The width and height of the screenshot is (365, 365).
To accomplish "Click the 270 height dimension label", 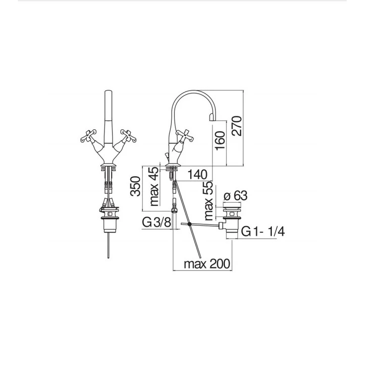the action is click(237, 126).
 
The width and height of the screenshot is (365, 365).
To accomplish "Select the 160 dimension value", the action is click(220, 141).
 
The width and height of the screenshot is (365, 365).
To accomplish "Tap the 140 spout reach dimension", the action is click(197, 174).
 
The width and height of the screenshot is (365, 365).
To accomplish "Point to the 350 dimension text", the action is click(135, 186).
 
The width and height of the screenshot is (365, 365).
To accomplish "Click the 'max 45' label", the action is click(154, 187).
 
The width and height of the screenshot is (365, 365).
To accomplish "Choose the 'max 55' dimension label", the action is click(209, 201).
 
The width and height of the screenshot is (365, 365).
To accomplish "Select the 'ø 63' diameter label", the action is click(235, 196).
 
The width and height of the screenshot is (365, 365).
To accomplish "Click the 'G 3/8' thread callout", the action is click(156, 222).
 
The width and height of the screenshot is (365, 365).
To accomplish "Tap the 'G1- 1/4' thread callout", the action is click(263, 232).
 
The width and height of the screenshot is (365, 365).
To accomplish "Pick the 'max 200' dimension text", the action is click(207, 264).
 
